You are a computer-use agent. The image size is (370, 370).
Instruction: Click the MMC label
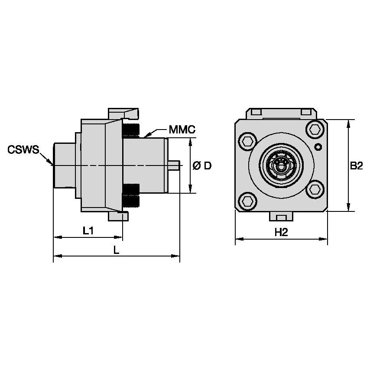[x=182, y=130]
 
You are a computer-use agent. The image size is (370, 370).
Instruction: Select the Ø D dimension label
[x=202, y=166]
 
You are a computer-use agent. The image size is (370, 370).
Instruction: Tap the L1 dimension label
[x=88, y=231]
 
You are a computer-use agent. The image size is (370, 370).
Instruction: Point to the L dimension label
[x=116, y=250]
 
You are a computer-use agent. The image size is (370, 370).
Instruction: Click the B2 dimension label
[x=356, y=166]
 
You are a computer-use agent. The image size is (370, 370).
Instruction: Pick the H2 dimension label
[x=281, y=233]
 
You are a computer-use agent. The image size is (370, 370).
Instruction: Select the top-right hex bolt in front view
[x=314, y=129]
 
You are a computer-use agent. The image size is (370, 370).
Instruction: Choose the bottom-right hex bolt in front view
[x=314, y=189]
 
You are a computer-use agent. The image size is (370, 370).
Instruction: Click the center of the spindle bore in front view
[x=281, y=165]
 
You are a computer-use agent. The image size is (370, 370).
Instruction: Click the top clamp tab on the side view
[x=123, y=114]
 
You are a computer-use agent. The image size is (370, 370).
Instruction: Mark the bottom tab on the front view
[x=281, y=216]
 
